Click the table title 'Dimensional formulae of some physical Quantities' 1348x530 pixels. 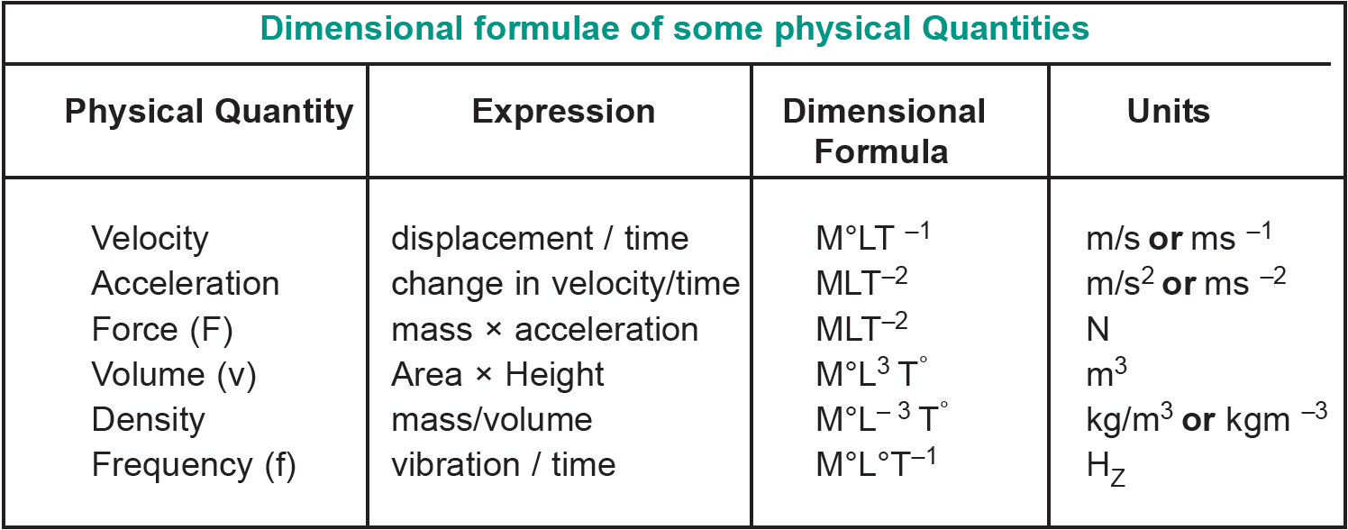point(674,29)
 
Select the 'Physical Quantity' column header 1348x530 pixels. point(209,112)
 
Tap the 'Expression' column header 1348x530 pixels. point(563,112)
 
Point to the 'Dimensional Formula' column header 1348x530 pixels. point(883,131)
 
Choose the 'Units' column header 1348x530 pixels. point(1168,112)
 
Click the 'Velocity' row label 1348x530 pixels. point(150,239)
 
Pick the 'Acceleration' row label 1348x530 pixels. point(185,284)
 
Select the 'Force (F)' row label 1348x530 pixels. point(162,330)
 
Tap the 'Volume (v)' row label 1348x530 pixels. point(174,375)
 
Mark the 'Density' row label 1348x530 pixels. point(148,420)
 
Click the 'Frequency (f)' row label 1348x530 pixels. point(193,465)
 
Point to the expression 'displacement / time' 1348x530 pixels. point(539,239)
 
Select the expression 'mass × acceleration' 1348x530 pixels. point(544,330)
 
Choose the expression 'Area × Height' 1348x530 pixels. point(497,375)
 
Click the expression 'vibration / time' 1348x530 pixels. point(503,465)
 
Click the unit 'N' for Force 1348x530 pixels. point(1098,330)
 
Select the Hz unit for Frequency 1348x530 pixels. point(1106,468)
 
